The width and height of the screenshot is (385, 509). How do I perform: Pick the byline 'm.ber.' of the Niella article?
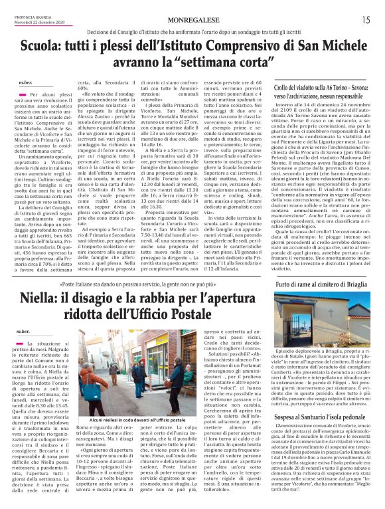25,330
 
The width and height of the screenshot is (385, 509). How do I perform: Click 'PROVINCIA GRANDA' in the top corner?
25,17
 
